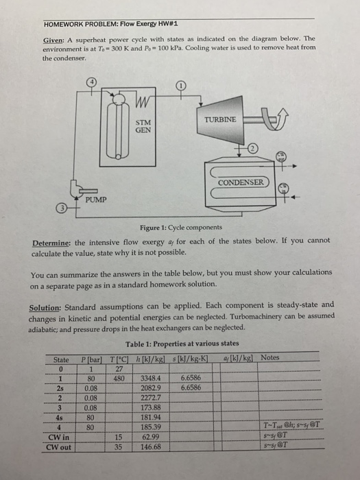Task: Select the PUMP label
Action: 97,200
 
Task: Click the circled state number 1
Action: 180,86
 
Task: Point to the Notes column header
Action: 269,357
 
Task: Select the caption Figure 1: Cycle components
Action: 180,227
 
